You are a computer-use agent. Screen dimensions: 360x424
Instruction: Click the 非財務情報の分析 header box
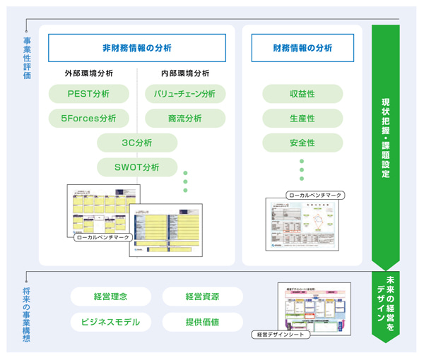[x=136, y=48]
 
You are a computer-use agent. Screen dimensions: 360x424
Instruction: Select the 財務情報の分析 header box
[x=302, y=48]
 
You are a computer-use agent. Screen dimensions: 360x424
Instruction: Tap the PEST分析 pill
[x=88, y=93]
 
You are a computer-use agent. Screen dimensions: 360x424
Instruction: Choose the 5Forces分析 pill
[x=88, y=118]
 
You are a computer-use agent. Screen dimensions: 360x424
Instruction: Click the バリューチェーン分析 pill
[x=184, y=93]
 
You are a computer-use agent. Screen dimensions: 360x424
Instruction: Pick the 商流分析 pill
[x=184, y=118]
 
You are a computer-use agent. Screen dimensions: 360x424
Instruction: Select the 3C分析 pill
[x=136, y=143]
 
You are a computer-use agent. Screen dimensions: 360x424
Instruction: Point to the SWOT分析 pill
[x=136, y=167]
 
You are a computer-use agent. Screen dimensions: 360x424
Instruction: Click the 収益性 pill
[x=302, y=93]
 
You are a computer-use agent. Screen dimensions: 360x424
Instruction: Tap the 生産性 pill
[x=302, y=118]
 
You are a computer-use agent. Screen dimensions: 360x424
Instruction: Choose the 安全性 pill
[x=302, y=143]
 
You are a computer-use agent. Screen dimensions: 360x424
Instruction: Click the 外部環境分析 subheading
[x=88, y=73]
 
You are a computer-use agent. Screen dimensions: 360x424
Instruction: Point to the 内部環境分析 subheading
[x=184, y=73]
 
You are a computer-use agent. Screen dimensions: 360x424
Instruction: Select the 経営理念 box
[x=110, y=296]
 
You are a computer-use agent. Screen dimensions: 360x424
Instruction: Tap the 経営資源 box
[x=202, y=296]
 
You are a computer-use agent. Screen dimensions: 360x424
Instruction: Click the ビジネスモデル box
[x=110, y=322]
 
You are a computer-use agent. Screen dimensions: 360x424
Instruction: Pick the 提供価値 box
[x=202, y=322]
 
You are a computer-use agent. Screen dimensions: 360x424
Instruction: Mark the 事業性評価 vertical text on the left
[x=26, y=58]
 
